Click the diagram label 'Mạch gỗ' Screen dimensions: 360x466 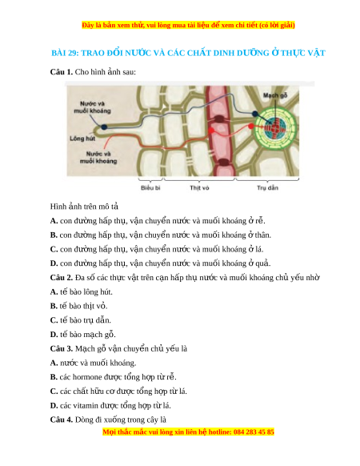click(x=275, y=95)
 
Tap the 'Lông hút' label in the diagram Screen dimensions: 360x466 click(x=82, y=139)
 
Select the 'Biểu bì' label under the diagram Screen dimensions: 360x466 click(x=150, y=188)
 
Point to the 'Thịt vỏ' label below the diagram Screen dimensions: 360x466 click(x=199, y=188)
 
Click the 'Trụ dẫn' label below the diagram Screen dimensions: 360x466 click(x=267, y=188)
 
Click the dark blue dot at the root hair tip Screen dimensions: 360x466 click(x=104, y=127)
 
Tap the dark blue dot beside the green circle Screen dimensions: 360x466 click(x=255, y=114)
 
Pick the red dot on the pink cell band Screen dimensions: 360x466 click(x=211, y=131)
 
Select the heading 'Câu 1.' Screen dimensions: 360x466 click(x=62, y=72)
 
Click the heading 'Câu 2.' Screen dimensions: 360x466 click(x=62, y=278)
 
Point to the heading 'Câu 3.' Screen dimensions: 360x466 click(x=62, y=348)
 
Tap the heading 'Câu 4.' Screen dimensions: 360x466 click(x=62, y=420)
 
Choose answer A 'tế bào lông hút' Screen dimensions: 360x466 click(x=82, y=291)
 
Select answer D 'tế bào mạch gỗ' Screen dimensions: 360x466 click(x=83, y=335)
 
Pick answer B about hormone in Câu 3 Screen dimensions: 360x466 click(x=113, y=377)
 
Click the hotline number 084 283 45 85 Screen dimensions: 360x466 click(x=254, y=432)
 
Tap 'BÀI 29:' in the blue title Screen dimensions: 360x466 click(x=65, y=53)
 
